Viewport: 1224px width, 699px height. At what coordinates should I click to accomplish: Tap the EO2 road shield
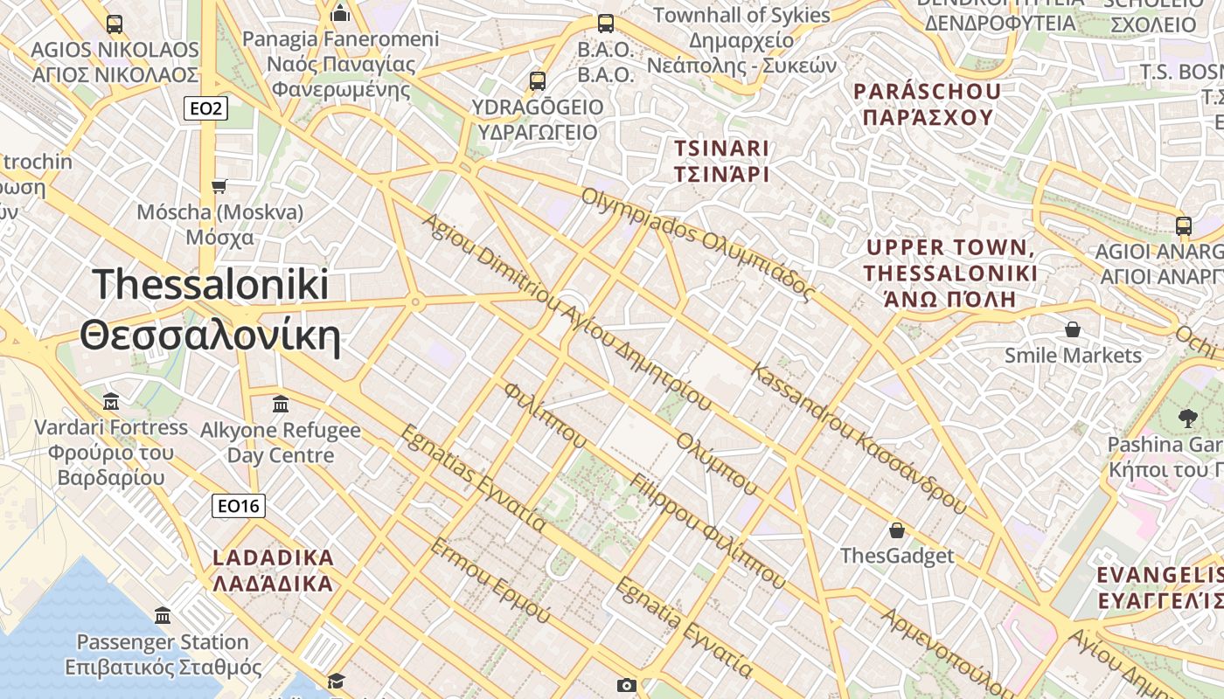click(x=205, y=108)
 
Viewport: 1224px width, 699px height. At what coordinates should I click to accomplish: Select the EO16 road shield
click(x=238, y=505)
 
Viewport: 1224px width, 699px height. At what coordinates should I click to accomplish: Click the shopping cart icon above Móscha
click(x=219, y=186)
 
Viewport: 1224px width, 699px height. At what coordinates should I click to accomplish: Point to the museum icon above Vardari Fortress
click(x=111, y=402)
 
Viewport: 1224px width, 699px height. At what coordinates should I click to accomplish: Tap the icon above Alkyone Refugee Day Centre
click(x=281, y=405)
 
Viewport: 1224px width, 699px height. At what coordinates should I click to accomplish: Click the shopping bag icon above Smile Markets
click(x=1073, y=329)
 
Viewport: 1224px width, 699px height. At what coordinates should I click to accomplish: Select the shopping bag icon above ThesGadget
click(x=897, y=530)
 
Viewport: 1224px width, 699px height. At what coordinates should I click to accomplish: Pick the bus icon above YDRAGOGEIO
click(x=538, y=81)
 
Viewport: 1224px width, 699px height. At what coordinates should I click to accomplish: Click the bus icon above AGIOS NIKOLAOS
click(x=115, y=24)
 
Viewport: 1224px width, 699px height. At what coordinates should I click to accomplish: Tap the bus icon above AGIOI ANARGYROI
click(x=1184, y=225)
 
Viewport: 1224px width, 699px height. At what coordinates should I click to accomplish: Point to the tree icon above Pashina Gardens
click(x=1187, y=418)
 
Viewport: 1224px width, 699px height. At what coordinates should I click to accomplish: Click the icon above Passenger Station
click(x=163, y=616)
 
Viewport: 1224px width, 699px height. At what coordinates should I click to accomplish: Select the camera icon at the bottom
click(x=626, y=685)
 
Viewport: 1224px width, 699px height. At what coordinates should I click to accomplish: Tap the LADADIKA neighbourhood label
click(x=274, y=570)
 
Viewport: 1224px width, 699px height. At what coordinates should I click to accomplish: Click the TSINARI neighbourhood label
click(x=721, y=161)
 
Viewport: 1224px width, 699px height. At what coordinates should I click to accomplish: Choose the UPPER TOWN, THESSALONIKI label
click(x=950, y=273)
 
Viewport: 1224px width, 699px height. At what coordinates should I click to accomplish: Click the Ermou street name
click(x=490, y=580)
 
